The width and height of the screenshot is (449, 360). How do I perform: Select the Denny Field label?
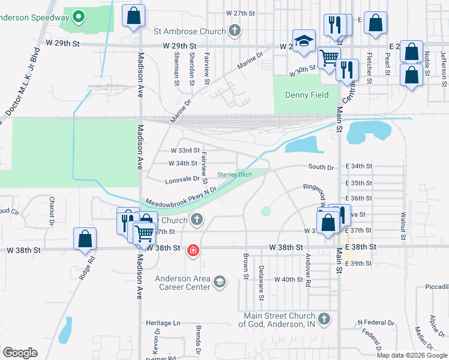(x=306, y=95)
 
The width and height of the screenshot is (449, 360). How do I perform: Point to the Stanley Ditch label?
(x=235, y=175)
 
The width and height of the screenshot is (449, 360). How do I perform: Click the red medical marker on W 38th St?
(x=193, y=250)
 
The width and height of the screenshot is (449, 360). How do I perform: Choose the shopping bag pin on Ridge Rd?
(x=85, y=238)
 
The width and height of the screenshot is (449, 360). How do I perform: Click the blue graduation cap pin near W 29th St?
(x=304, y=41)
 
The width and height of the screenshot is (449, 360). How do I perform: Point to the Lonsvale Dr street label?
(x=182, y=179)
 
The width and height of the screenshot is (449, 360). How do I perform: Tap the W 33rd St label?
(x=185, y=150)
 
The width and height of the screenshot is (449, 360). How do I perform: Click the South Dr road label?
(x=321, y=167)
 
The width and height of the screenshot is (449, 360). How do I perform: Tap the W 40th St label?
(x=289, y=280)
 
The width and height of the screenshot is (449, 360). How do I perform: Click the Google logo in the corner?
(x=20, y=353)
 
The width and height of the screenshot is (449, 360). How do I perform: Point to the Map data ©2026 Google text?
(x=411, y=355)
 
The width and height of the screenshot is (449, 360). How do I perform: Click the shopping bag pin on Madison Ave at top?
(x=133, y=16)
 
